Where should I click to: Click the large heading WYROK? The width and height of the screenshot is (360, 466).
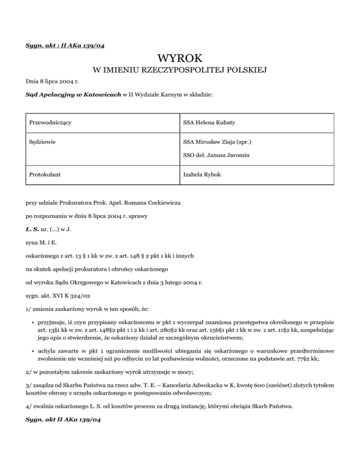(x=180, y=59)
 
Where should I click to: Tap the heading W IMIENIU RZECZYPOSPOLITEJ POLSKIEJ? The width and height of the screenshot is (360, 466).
(x=180, y=71)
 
